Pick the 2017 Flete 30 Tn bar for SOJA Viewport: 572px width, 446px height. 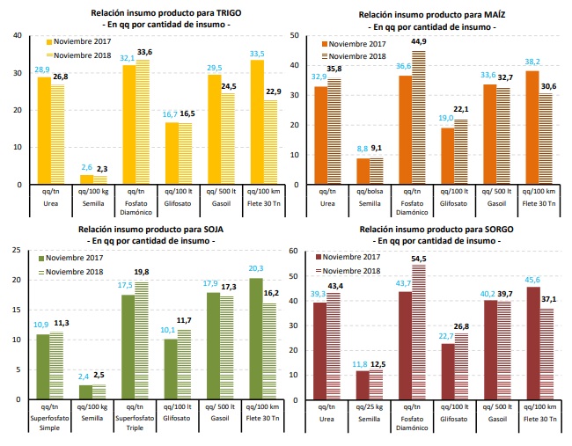[256, 338]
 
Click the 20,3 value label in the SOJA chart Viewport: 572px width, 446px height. [257, 268]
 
